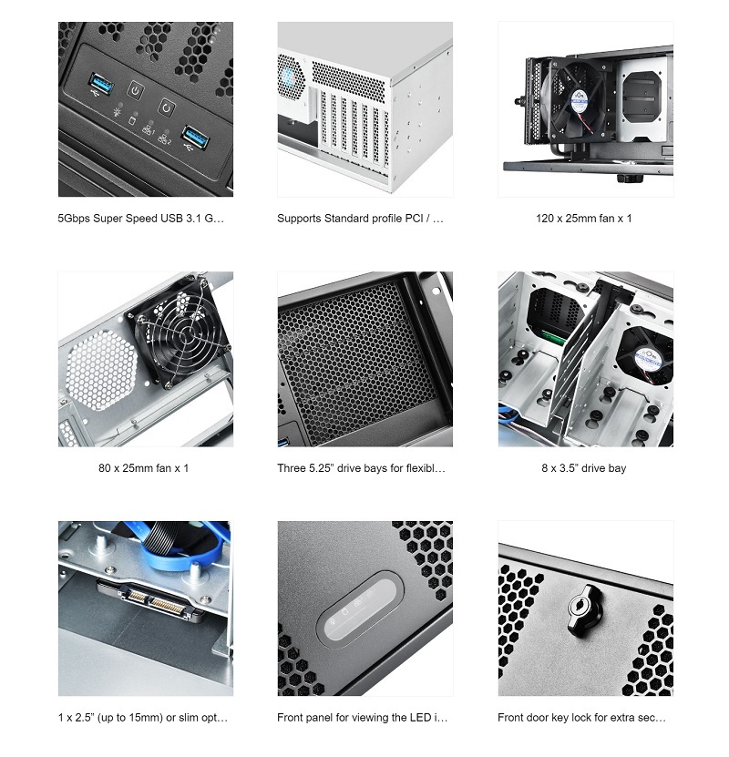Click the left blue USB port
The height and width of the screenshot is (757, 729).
pyautogui.click(x=100, y=87)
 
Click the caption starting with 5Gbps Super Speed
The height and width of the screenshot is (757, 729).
pyautogui.click(x=140, y=219)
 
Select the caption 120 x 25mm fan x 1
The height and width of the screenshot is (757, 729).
pyautogui.click(x=584, y=219)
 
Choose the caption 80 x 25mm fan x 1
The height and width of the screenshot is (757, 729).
pyautogui.click(x=143, y=468)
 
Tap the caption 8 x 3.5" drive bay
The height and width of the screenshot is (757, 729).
pyautogui.click(x=584, y=468)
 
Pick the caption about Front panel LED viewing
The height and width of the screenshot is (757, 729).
pyautogui.click(x=363, y=718)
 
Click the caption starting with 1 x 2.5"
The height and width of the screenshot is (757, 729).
pyautogui.click(x=142, y=718)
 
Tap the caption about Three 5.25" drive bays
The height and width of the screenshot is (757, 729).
pyautogui.click(x=362, y=468)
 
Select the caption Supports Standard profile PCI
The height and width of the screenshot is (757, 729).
pyautogui.click(x=361, y=219)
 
